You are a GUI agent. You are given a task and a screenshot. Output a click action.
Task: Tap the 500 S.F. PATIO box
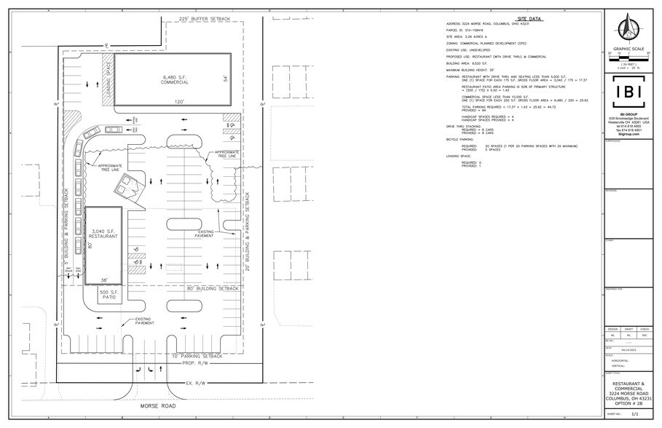coord(108,296)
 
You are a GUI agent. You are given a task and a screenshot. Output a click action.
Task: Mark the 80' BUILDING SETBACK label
coord(213,289)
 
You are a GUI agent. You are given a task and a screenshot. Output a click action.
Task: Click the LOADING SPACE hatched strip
coord(106,73)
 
